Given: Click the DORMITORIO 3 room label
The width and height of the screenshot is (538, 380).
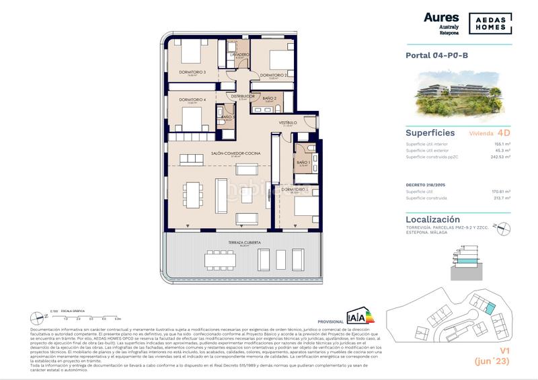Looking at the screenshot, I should coord(192,72).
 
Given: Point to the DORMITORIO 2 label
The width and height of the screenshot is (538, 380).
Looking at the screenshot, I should coord(274,75).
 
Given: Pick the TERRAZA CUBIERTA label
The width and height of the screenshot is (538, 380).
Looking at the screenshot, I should coord(243,241).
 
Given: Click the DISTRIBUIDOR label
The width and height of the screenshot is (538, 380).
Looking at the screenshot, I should coord(242,96).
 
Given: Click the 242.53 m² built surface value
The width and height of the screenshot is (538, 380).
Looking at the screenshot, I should coord(499,156).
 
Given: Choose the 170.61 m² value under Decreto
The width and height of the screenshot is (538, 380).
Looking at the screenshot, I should coord(500,192).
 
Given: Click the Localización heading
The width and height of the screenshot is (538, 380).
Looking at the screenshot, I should coord(433,219).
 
